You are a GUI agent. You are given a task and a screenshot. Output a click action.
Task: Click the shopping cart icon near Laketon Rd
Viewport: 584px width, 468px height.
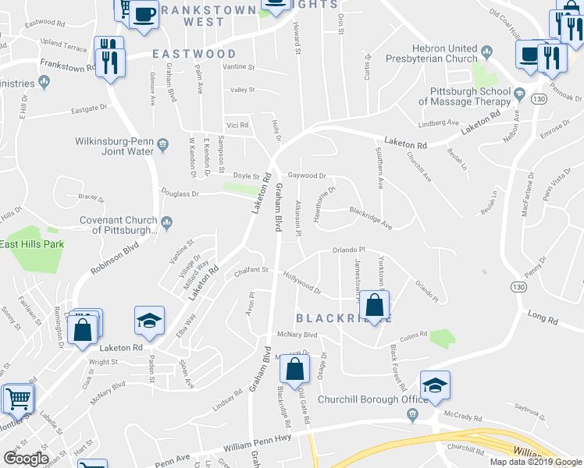(x=18, y=399)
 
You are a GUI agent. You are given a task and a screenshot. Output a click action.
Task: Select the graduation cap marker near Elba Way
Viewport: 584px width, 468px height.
(x=149, y=321)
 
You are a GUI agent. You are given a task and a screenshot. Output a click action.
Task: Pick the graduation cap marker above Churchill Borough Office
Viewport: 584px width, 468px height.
(x=435, y=385)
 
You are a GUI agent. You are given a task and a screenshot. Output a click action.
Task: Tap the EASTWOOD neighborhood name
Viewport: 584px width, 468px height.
(x=194, y=54)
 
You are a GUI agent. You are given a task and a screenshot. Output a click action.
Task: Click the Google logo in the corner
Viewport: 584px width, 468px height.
(x=25, y=458)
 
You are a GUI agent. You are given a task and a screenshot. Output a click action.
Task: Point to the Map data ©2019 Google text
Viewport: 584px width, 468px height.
(x=536, y=462)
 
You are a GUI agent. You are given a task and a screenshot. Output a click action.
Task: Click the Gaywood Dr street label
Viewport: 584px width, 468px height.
(x=307, y=176)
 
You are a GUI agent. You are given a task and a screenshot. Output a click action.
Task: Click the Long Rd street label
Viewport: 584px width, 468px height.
(x=543, y=318)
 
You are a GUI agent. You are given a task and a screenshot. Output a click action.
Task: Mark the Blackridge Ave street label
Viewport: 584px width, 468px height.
(x=370, y=217)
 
